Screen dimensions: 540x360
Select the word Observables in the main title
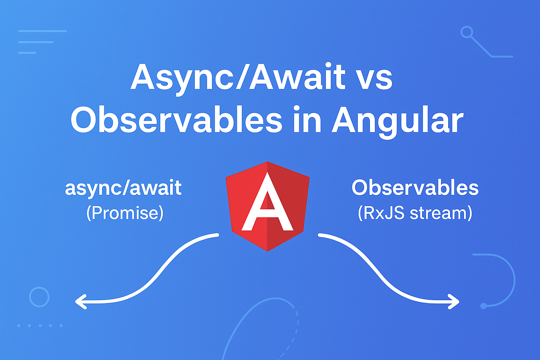click(176, 119)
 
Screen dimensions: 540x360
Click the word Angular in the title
click(397, 122)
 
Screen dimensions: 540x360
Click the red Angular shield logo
click(267, 207)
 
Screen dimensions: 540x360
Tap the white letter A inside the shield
click(267, 202)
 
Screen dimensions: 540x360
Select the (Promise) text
click(125, 213)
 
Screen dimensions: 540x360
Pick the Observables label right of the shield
click(415, 187)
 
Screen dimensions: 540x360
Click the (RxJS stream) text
click(415, 213)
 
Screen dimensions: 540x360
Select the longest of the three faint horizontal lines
click(42, 31)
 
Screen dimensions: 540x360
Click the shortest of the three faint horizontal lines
click(27, 53)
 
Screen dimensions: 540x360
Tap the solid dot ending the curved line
click(483, 306)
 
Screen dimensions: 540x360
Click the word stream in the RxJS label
click(441, 213)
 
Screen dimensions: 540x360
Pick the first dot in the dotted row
click(19, 325)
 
